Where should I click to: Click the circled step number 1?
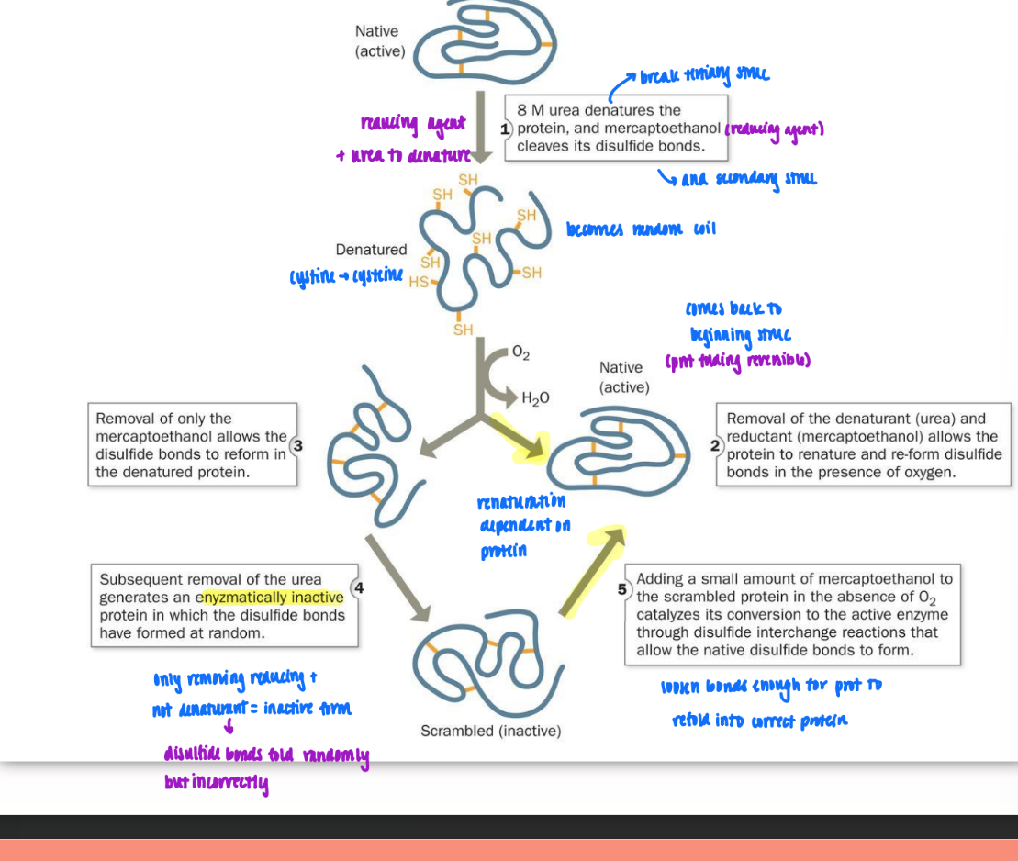coord(505,129)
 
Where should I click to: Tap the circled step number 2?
coord(716,445)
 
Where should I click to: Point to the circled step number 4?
coord(359,588)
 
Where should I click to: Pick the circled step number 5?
coord(622,588)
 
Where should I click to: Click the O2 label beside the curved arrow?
coord(520,352)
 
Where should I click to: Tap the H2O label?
coord(534,397)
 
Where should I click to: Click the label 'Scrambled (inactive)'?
coord(490,731)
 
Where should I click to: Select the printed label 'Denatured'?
coord(371,250)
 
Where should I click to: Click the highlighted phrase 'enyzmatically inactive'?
coord(273,598)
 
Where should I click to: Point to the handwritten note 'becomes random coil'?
coord(641,229)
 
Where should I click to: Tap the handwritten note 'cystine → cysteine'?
coord(346,276)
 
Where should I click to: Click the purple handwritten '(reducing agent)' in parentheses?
coord(774,129)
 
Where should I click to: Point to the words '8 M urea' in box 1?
coord(547,110)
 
